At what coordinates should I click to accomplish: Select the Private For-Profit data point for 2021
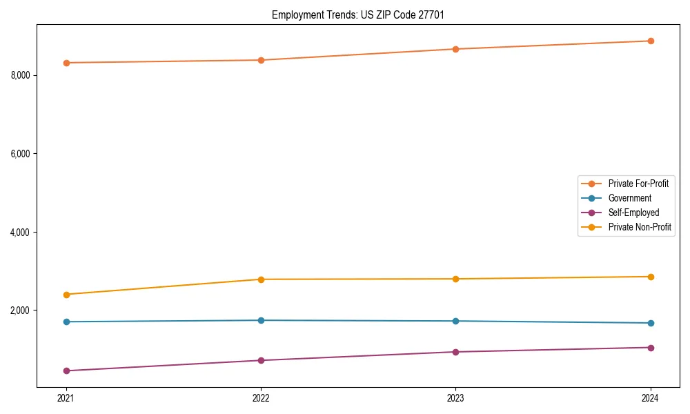coord(66,63)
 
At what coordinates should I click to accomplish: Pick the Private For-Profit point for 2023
coord(455,49)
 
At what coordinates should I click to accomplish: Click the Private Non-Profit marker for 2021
coord(66,295)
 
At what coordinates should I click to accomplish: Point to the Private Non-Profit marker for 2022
coord(261,279)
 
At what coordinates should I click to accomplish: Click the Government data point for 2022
coord(261,320)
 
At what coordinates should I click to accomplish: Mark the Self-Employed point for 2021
coord(66,371)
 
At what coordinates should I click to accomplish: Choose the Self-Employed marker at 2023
coord(455,352)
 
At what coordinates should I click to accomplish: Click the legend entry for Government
coord(629,198)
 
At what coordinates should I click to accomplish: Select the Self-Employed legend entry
coord(633,213)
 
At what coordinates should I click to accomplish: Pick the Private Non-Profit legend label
coord(640,227)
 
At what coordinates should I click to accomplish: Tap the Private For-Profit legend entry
coord(638,184)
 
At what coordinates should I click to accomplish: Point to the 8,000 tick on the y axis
coord(20,75)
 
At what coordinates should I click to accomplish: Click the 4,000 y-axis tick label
coord(20,233)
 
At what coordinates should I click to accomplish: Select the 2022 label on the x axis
coord(261,398)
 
